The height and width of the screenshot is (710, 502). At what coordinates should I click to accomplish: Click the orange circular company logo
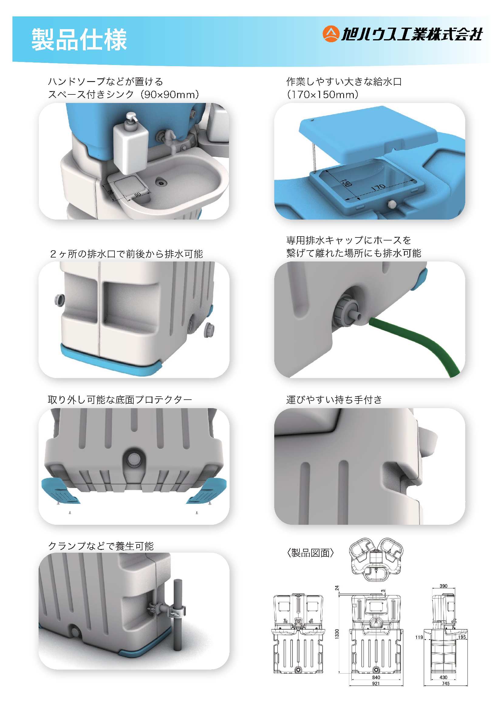point(331,34)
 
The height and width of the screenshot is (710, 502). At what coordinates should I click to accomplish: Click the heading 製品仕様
point(79,39)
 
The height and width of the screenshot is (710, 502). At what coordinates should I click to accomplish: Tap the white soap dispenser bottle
point(131,144)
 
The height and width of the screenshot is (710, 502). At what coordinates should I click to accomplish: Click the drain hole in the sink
point(161,183)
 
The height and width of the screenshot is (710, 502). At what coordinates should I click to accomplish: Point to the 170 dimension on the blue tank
point(378,187)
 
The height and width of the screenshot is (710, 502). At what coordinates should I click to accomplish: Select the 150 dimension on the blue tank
point(346,183)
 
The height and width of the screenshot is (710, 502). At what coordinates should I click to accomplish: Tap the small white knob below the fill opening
point(392,204)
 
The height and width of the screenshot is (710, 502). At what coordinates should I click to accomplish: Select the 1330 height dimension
point(337,633)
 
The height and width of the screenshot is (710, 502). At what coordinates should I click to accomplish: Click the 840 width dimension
point(376,677)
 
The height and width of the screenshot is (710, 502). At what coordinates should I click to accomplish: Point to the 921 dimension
point(376,683)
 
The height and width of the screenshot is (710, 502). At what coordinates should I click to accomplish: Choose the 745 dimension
point(446,683)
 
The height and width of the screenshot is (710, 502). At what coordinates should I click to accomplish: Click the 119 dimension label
point(419,637)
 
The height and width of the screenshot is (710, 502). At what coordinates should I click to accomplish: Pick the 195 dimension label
point(462,637)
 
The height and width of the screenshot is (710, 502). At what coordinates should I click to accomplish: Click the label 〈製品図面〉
point(310,553)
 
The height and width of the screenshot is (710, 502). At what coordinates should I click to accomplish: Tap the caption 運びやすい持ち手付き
point(334,400)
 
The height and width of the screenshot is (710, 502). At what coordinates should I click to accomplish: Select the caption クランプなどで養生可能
point(101,546)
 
